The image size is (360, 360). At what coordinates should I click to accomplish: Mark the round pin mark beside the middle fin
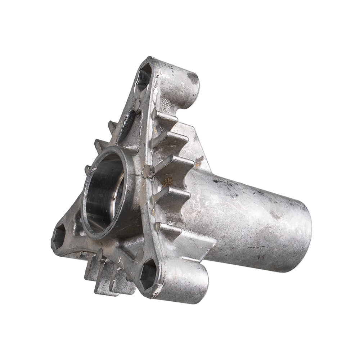point(147,172)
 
